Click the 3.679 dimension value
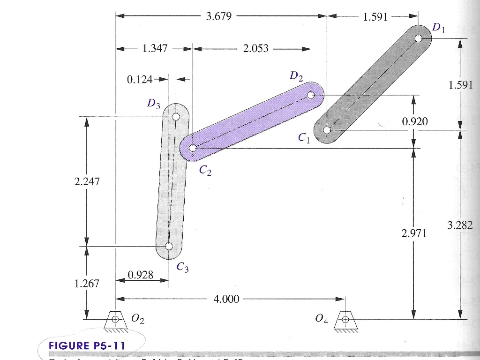[218, 17]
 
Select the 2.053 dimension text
[256, 48]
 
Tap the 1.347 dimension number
[155, 48]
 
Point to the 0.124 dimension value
[140, 79]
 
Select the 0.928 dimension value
[141, 275]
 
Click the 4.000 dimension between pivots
[226, 299]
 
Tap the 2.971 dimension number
[414, 233]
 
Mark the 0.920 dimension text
[415, 122]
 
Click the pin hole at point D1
[419, 38]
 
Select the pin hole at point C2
[193, 148]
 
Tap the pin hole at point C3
[169, 247]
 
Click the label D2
[296, 76]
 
